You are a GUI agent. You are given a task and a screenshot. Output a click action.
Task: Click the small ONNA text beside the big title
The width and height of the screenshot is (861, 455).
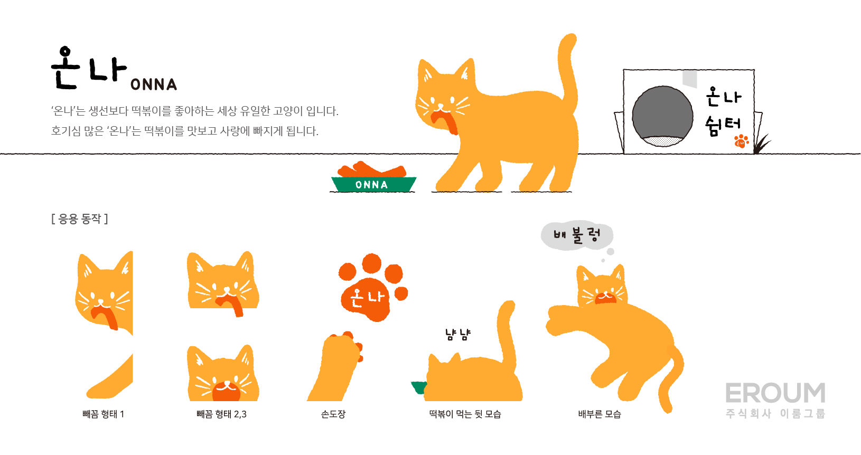tap(154, 84)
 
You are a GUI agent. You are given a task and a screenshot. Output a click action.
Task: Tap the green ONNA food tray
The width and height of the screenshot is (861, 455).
tap(373, 184)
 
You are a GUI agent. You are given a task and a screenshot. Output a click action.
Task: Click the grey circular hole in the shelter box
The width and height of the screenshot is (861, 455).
tap(662, 116)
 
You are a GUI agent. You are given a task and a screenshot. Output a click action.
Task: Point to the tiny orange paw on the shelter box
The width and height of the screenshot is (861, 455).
tap(741, 141)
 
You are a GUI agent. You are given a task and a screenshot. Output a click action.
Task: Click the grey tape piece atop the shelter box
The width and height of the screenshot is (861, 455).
tap(689, 79)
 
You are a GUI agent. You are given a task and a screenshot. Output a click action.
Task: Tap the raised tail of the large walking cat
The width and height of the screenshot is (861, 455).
tap(568, 69)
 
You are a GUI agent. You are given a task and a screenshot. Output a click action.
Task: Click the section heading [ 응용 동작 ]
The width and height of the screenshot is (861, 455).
tap(80, 219)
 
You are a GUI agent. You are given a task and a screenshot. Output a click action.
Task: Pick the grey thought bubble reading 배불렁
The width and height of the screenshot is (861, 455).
tap(577, 235)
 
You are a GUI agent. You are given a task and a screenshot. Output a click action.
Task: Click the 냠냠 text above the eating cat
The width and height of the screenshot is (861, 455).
tap(458, 335)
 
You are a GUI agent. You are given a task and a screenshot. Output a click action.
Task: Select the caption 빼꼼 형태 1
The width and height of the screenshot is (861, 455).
tap(104, 414)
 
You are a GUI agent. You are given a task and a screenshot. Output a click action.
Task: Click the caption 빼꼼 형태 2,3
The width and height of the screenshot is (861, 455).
tap(221, 414)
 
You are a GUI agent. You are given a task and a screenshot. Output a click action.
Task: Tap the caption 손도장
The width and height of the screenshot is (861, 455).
tap(333, 414)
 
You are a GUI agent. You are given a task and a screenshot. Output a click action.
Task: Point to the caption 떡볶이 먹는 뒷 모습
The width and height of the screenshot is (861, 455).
tap(465, 414)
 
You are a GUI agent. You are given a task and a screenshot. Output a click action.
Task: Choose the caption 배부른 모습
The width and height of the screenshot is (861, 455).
tap(600, 414)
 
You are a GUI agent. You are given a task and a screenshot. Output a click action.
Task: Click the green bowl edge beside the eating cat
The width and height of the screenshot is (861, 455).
tap(419, 387)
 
